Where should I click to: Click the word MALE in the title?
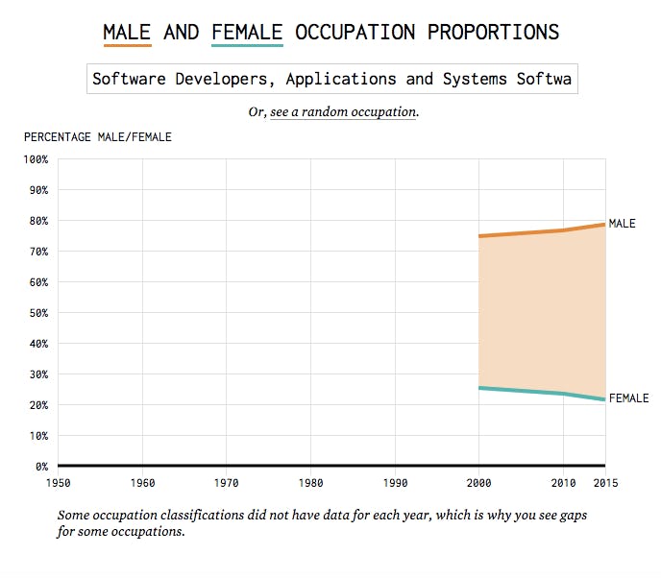[x=127, y=32]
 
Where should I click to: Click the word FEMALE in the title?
[x=246, y=32]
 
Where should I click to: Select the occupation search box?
[x=332, y=79]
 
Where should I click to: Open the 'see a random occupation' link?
[x=344, y=112]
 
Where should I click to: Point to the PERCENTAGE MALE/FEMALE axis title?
[x=98, y=137]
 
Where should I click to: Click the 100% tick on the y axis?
[x=35, y=159]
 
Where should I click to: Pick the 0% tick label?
[x=39, y=467]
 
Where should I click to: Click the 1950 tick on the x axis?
[x=58, y=483]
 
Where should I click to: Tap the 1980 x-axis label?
[x=310, y=483]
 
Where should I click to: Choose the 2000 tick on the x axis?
[x=478, y=483]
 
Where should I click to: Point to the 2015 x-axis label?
[x=604, y=483]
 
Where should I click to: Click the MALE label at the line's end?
[x=622, y=224]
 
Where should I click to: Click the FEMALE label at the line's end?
[x=628, y=398]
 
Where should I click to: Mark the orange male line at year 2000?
[x=479, y=236]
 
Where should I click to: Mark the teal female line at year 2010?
[x=563, y=394]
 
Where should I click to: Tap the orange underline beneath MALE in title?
[x=127, y=45]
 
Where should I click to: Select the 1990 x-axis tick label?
[x=395, y=483]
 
